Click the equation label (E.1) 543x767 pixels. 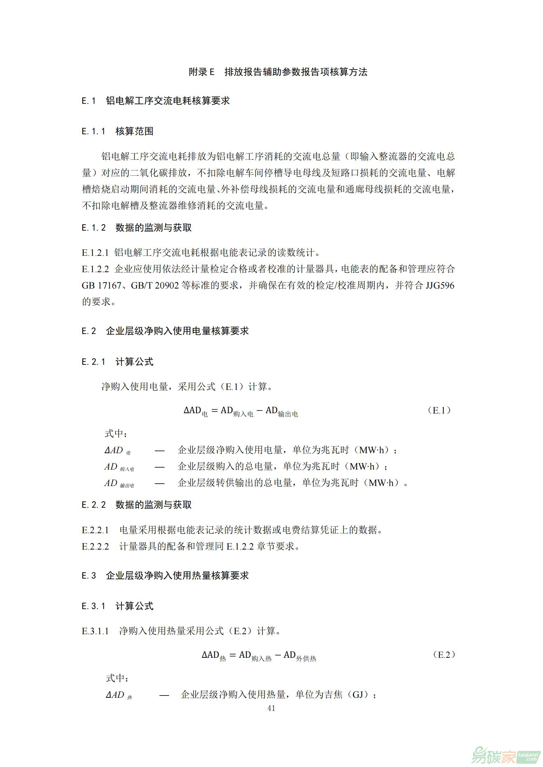coord(439,411)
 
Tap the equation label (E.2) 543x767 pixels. coord(444,655)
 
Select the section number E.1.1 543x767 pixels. coord(94,131)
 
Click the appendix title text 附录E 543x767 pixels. coord(201,72)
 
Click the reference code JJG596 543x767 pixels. coord(440,285)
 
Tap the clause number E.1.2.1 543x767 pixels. coord(95,252)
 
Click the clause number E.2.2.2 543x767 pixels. coord(95,546)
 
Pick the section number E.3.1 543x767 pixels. coord(94,606)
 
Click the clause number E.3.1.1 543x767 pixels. coord(95,631)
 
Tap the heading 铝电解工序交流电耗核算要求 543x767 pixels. coord(168,101)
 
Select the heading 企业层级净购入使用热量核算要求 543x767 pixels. coord(177,575)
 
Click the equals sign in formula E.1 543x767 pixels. coord(214,411)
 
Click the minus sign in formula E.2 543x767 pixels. coord(277,656)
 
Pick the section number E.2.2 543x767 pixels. coord(94,505)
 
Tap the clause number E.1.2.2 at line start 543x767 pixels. coord(95,269)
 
